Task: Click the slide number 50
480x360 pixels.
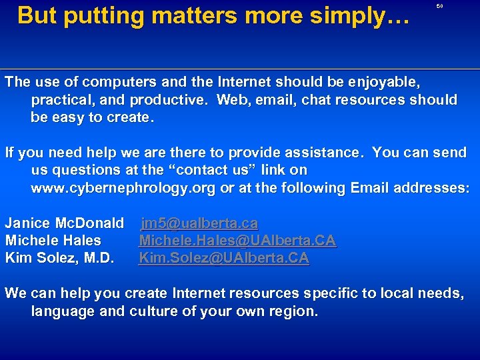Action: click(439, 6)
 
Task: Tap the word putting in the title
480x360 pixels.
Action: click(93, 15)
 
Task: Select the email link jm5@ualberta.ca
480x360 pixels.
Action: click(199, 223)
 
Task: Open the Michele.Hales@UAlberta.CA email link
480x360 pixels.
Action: click(237, 240)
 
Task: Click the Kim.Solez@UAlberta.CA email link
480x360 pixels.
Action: click(223, 257)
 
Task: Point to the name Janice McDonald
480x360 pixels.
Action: click(65, 223)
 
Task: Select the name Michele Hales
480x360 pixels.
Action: click(53, 240)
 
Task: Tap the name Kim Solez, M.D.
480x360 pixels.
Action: click(59, 257)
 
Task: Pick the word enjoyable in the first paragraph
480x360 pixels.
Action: click(387, 83)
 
